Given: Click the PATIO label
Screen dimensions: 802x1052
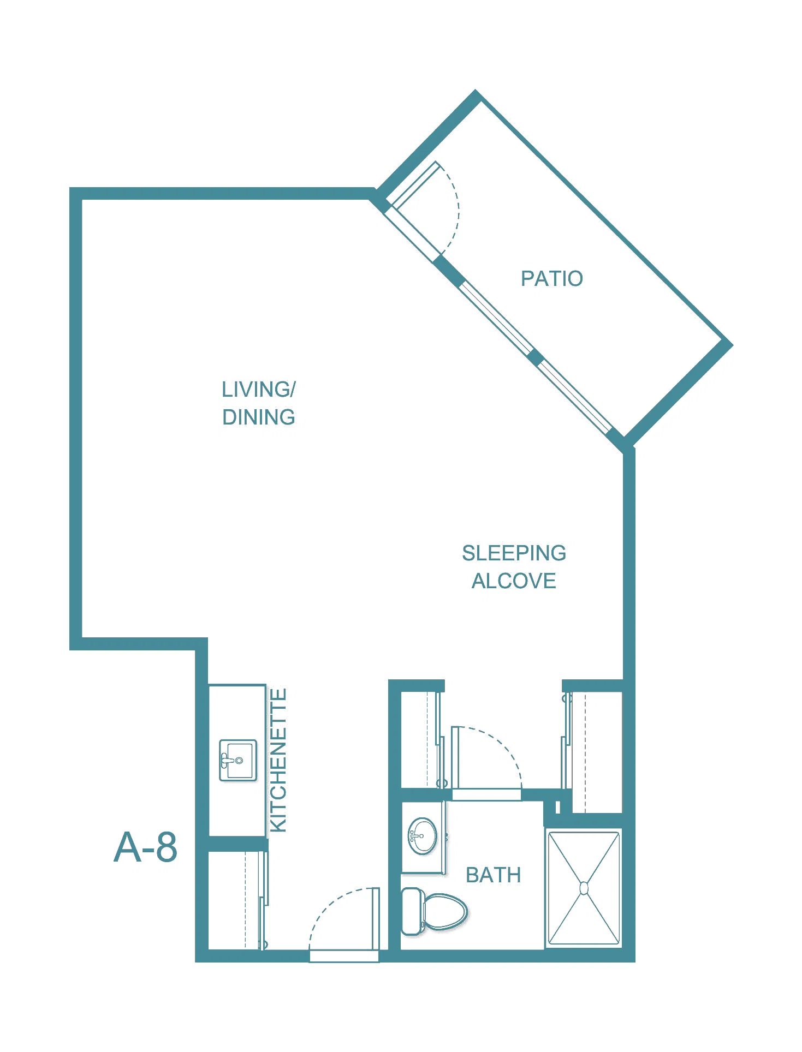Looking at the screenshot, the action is tap(551, 278).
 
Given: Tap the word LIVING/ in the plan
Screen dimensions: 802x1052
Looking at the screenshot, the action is tap(258, 390).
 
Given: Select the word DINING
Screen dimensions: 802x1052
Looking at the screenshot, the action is tap(258, 417).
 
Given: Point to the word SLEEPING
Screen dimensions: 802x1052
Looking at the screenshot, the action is tap(514, 553).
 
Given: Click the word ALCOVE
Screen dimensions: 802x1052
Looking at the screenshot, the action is tap(514, 581).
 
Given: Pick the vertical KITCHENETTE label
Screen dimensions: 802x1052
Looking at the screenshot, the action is tap(278, 761).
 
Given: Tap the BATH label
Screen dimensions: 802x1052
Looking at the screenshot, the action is tap(493, 875).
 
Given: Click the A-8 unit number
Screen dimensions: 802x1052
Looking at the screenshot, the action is tap(145, 847).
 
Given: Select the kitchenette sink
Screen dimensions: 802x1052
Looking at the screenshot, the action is tap(238, 760).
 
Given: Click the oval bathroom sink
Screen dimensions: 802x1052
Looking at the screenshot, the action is tap(423, 835).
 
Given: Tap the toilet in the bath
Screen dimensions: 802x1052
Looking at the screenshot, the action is tap(435, 912).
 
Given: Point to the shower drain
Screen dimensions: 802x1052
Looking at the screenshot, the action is tap(584, 888).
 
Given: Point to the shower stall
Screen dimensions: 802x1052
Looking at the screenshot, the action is tap(584, 888).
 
